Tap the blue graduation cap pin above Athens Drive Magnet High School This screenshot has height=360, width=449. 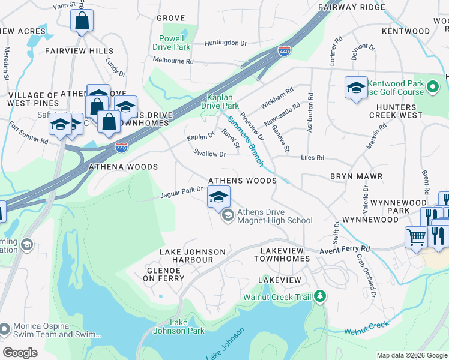tap(218, 197)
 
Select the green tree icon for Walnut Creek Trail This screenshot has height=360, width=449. tap(320, 296)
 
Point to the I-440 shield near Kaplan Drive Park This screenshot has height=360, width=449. tap(285, 53)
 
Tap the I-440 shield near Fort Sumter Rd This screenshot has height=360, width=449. tap(121, 146)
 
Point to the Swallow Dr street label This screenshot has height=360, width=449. tap(209, 154)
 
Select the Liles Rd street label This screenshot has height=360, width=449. tap(312, 158)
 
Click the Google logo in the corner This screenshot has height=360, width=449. tap(19, 353)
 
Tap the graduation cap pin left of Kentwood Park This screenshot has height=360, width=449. tap(356, 88)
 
